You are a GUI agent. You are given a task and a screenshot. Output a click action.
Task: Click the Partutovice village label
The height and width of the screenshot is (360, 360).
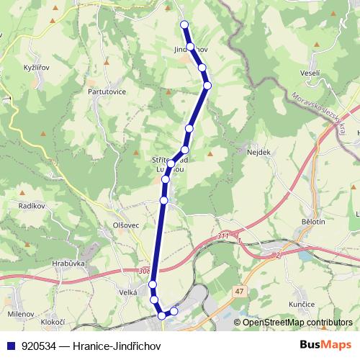(107, 91)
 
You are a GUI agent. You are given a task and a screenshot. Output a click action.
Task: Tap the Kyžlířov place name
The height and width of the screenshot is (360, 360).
(36, 66)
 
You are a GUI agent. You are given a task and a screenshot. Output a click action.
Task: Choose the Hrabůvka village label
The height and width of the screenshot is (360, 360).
(69, 264)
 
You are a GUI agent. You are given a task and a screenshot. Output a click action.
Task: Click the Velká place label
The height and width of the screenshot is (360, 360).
(128, 292)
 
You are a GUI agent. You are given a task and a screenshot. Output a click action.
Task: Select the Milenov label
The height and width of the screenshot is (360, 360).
(20, 315)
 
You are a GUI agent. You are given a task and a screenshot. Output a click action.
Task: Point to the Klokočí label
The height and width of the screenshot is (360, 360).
(53, 322)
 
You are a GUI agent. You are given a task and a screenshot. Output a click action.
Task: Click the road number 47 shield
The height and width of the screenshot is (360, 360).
(239, 290)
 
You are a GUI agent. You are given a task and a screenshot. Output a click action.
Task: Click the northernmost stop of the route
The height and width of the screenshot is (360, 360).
(184, 24)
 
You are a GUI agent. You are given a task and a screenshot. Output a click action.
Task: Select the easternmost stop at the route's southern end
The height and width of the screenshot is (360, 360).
(174, 311)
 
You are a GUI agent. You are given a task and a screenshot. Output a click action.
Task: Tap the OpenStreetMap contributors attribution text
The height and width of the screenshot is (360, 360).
(297, 323)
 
